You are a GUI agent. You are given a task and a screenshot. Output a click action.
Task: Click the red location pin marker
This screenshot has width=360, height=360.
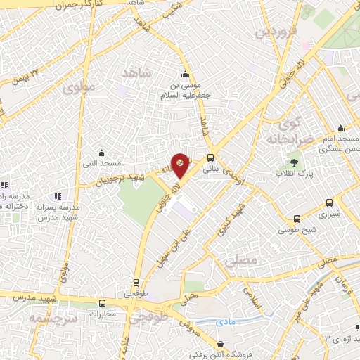click(181, 165)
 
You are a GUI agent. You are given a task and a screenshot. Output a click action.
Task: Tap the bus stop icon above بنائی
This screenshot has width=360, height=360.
click(211, 157)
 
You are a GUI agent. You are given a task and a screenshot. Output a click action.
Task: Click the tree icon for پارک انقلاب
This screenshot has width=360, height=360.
click(295, 162)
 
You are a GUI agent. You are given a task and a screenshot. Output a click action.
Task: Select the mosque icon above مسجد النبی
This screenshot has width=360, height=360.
click(101, 153)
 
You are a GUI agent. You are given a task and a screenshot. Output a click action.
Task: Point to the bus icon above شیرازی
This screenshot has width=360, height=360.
click(329, 202)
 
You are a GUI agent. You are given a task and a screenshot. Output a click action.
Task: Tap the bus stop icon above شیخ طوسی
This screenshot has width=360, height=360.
click(297, 219)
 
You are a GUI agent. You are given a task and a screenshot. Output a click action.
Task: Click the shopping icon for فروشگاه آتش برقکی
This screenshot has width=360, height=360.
click(222, 345)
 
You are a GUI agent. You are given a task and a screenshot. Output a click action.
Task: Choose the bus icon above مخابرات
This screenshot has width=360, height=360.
click(102, 303)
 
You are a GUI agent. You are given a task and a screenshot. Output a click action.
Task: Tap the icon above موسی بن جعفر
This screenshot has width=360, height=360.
click(185, 75)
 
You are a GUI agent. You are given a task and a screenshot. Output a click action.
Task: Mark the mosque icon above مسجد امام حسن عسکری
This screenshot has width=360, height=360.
click(340, 128)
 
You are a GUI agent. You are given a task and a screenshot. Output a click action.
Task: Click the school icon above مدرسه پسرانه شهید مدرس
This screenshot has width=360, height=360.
click(58, 195)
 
